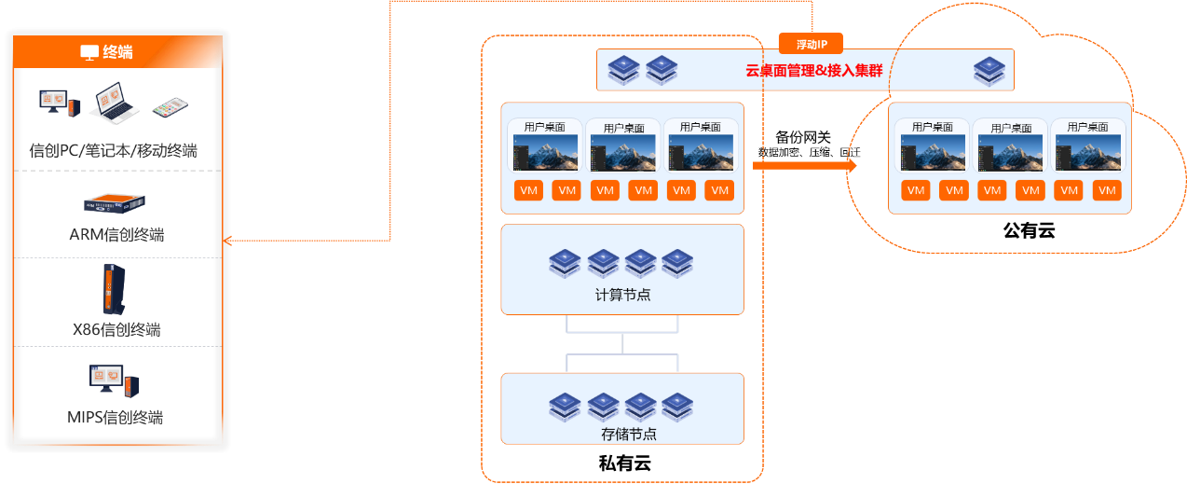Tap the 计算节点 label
[x=622, y=295]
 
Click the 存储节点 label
[x=622, y=434]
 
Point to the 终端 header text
[x=117, y=52]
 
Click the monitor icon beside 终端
[x=89, y=52]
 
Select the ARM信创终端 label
[x=116, y=233]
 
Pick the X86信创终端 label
[x=116, y=329]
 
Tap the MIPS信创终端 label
[x=116, y=416]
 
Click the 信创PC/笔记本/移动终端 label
[x=114, y=149]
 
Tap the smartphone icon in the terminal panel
[x=170, y=106]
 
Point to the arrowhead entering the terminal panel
[x=226, y=241]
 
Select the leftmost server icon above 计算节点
[x=566, y=263]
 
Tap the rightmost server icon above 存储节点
[x=677, y=406]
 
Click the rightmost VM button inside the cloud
[x=1106, y=190]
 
